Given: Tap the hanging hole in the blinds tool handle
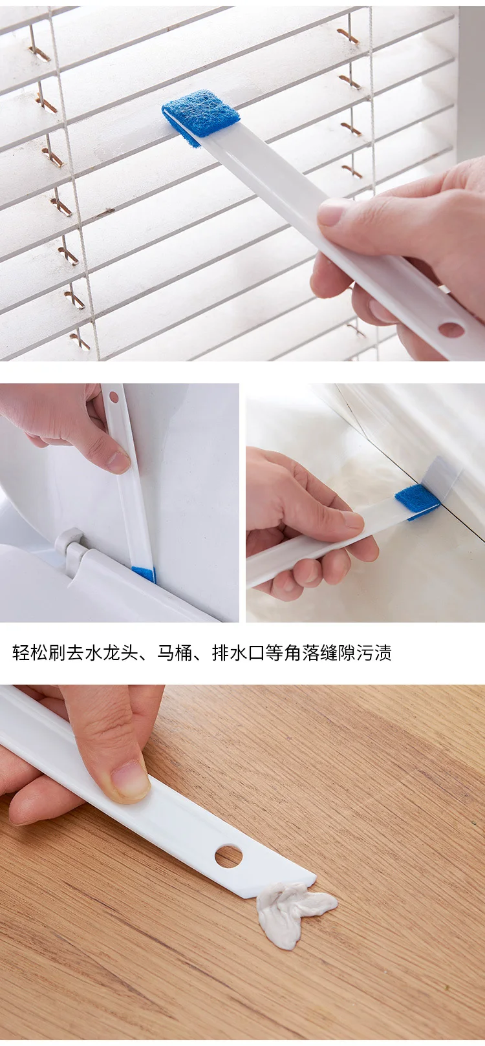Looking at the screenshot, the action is coord(451,329).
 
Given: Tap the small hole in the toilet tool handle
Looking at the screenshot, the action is coord(114,398).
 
